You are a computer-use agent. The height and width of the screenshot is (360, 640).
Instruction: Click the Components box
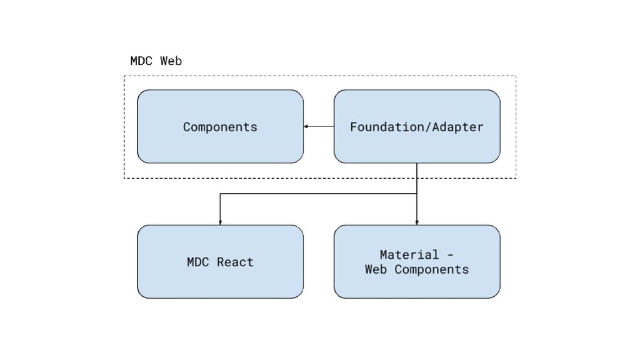(x=220, y=126)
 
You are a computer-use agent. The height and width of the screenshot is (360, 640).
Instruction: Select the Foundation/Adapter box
(x=417, y=126)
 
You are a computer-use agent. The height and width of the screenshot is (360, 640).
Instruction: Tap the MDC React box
(x=220, y=262)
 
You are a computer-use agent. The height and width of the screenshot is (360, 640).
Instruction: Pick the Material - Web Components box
(x=417, y=262)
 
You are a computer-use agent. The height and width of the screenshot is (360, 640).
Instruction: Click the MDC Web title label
(x=156, y=61)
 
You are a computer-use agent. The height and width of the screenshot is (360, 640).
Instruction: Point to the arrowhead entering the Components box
(x=306, y=126)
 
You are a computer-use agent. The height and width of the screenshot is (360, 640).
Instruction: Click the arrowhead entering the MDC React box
(x=220, y=223)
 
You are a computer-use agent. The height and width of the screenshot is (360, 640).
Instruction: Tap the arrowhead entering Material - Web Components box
(x=417, y=223)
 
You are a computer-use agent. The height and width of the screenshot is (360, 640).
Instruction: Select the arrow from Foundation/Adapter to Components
(x=319, y=126)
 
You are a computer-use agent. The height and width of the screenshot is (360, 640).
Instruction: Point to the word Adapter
(x=457, y=127)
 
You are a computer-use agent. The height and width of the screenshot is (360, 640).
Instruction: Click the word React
(x=235, y=262)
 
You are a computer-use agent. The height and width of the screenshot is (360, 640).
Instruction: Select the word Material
(x=409, y=255)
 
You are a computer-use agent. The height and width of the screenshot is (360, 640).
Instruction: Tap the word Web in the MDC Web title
(x=171, y=61)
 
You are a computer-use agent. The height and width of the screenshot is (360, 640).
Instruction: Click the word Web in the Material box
(x=376, y=269)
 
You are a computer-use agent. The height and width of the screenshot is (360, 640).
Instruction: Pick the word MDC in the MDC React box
(x=198, y=262)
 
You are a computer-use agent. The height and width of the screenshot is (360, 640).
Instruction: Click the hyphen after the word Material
(x=450, y=255)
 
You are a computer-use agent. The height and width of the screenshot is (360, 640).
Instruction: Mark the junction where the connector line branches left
(x=417, y=194)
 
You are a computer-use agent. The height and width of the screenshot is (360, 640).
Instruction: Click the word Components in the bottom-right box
(x=431, y=270)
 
